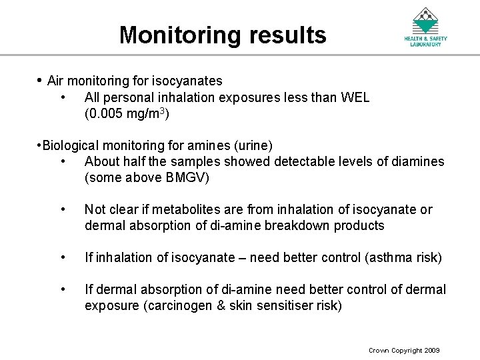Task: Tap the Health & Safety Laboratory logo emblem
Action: tap(425, 21)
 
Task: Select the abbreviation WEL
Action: tap(355, 98)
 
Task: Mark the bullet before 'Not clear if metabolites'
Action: tap(62, 209)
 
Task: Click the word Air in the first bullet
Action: tap(56, 81)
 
